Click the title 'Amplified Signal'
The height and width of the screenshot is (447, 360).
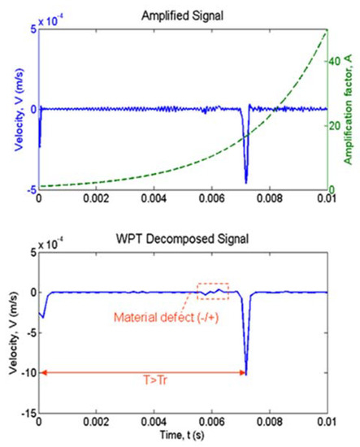[183, 9]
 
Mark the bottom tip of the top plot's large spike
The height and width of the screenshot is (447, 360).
[245, 183]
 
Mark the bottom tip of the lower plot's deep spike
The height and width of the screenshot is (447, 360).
[246, 375]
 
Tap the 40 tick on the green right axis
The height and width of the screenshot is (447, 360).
[335, 61]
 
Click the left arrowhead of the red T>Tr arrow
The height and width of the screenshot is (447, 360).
[41, 373]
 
